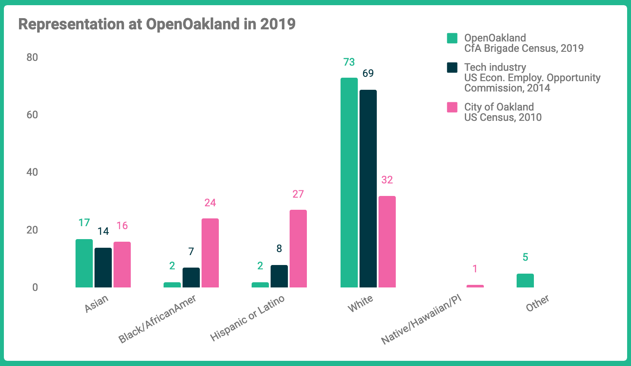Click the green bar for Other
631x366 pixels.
525,281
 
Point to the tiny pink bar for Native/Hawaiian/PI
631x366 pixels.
475,286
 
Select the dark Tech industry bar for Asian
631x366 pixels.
103,268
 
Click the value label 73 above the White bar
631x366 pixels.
349,62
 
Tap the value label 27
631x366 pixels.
298,194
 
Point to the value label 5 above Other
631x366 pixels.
525,257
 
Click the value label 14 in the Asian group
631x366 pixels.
103,231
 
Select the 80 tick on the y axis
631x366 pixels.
32,57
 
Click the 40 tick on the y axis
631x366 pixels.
32,172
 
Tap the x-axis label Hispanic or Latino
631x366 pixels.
247,318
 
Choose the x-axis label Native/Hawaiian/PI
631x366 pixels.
421,320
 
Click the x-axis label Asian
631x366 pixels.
96,304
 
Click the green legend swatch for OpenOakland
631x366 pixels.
452,38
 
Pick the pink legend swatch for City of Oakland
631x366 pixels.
452,107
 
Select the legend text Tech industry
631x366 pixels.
495,67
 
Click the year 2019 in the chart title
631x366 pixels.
278,24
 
